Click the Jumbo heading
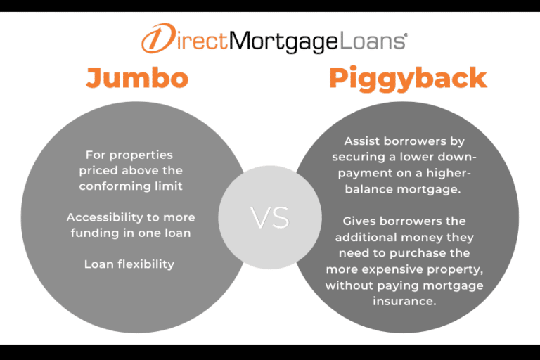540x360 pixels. point(137,78)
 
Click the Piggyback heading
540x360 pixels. point(408,79)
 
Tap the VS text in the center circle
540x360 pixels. point(270,218)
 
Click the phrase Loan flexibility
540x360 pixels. point(129,264)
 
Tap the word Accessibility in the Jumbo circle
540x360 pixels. point(101,217)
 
